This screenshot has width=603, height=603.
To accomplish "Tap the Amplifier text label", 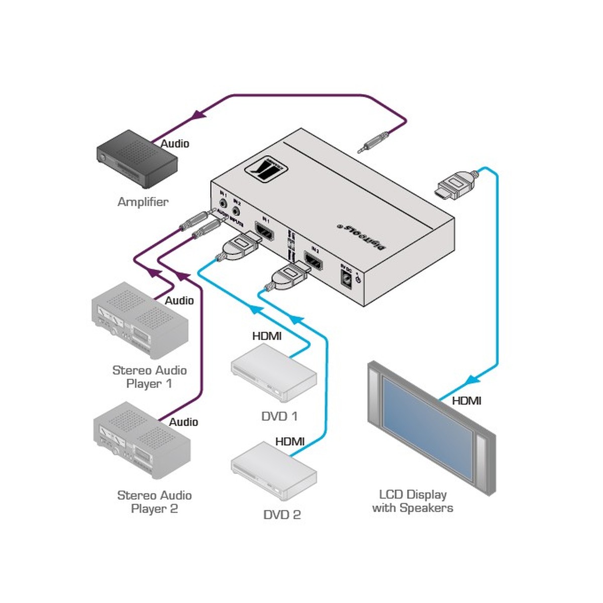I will (143, 202).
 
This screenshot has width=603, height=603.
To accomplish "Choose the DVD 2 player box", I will (274, 470).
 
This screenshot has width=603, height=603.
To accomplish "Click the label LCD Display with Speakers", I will (413, 501).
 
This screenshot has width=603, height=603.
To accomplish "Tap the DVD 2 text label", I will (282, 515).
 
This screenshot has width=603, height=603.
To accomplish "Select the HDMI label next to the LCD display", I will (466, 400).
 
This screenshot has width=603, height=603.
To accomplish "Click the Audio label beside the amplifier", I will (175, 144).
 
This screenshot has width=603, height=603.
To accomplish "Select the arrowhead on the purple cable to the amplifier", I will (199, 115).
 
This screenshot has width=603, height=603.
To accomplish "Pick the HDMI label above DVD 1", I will (267, 336).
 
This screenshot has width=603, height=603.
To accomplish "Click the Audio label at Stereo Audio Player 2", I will (183, 422).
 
